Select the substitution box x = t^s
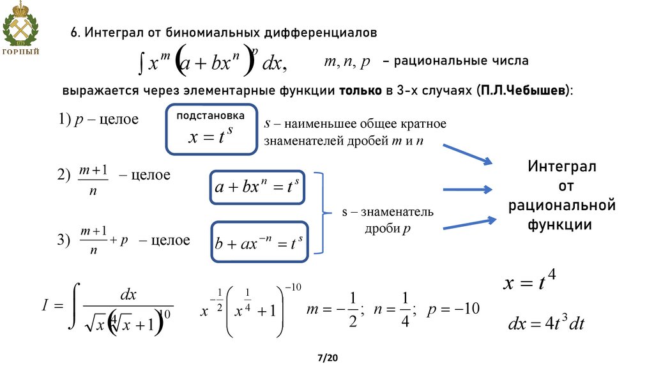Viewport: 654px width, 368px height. tap(211, 130)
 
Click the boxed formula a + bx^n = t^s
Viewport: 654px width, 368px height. tap(257, 187)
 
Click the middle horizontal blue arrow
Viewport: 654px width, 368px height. tap(467, 189)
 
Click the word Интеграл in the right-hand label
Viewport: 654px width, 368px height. tap(562, 167)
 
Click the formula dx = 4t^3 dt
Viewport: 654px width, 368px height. tap(546, 323)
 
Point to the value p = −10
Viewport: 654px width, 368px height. tap(453, 309)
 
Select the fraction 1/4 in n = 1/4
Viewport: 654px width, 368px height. tap(404, 309)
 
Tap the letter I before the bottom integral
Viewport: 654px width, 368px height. tap(45, 307)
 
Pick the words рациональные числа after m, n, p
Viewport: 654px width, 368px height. tap(461, 61)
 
